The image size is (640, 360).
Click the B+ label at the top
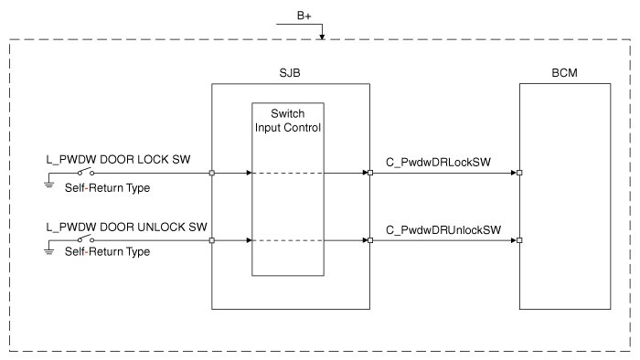click(x=304, y=16)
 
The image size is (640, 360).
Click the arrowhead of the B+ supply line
click(x=322, y=37)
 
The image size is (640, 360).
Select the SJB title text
click(x=290, y=73)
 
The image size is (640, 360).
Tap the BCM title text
click(x=564, y=73)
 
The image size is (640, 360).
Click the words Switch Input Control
click(x=288, y=121)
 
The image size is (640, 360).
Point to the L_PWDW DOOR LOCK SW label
click(x=118, y=159)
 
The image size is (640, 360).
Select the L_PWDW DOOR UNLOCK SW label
click(x=126, y=228)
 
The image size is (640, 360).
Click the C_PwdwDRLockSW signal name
click(x=438, y=163)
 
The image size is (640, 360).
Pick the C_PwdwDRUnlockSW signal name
click(x=443, y=230)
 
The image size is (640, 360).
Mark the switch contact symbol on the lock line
click(x=86, y=171)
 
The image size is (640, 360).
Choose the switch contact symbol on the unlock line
click(x=86, y=238)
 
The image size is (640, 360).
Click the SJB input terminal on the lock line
click(x=212, y=173)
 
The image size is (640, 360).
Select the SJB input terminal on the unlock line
click(x=212, y=240)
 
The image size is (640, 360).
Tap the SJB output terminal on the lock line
click(x=370, y=173)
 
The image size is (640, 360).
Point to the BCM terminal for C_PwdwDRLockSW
click(x=519, y=173)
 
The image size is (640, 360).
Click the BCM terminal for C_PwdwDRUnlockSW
click(x=519, y=240)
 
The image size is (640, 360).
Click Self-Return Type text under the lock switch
click(x=107, y=188)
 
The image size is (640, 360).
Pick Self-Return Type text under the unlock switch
click(x=107, y=251)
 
